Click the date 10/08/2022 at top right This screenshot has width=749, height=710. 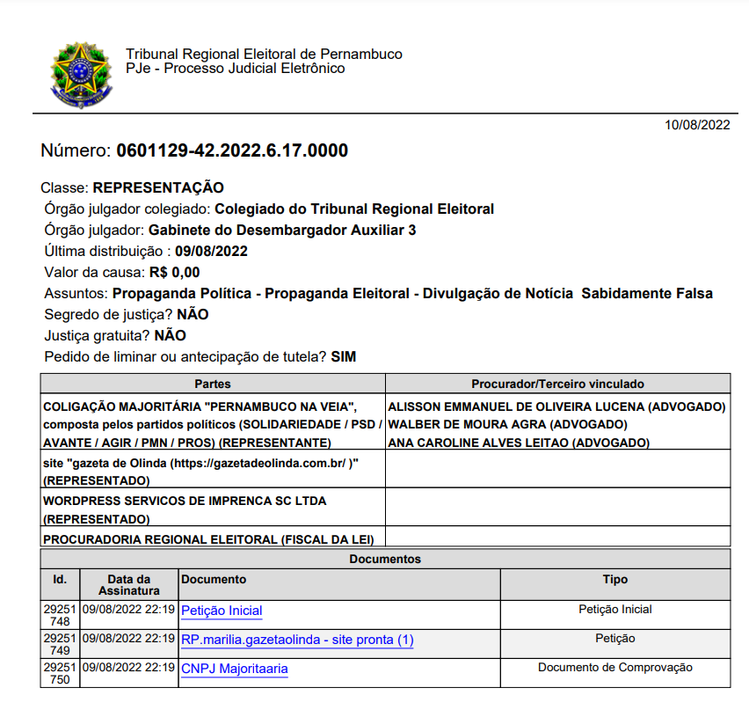tap(697, 125)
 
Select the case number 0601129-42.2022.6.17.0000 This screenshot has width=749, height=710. tap(232, 150)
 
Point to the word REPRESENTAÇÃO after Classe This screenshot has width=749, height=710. tap(158, 187)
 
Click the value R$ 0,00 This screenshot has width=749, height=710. tap(174, 272)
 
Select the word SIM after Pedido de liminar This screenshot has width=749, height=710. tap(344, 356)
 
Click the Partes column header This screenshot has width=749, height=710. tap(212, 384)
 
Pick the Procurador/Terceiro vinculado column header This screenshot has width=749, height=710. tap(557, 384)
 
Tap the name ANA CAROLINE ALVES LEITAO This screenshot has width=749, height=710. tap(518, 443)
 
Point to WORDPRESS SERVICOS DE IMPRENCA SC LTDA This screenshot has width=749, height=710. tap(185, 501)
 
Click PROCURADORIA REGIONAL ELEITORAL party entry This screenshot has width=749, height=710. tap(208, 538)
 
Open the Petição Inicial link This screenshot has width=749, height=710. tap(222, 611)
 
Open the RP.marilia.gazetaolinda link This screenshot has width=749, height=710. tap(297, 640)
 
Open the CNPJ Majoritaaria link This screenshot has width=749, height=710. tap(234, 669)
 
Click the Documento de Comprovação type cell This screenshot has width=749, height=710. tap(614, 668)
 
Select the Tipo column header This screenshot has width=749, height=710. tap(614, 580)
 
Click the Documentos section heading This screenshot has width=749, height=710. tap(385, 559)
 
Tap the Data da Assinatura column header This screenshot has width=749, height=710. tap(128, 585)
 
